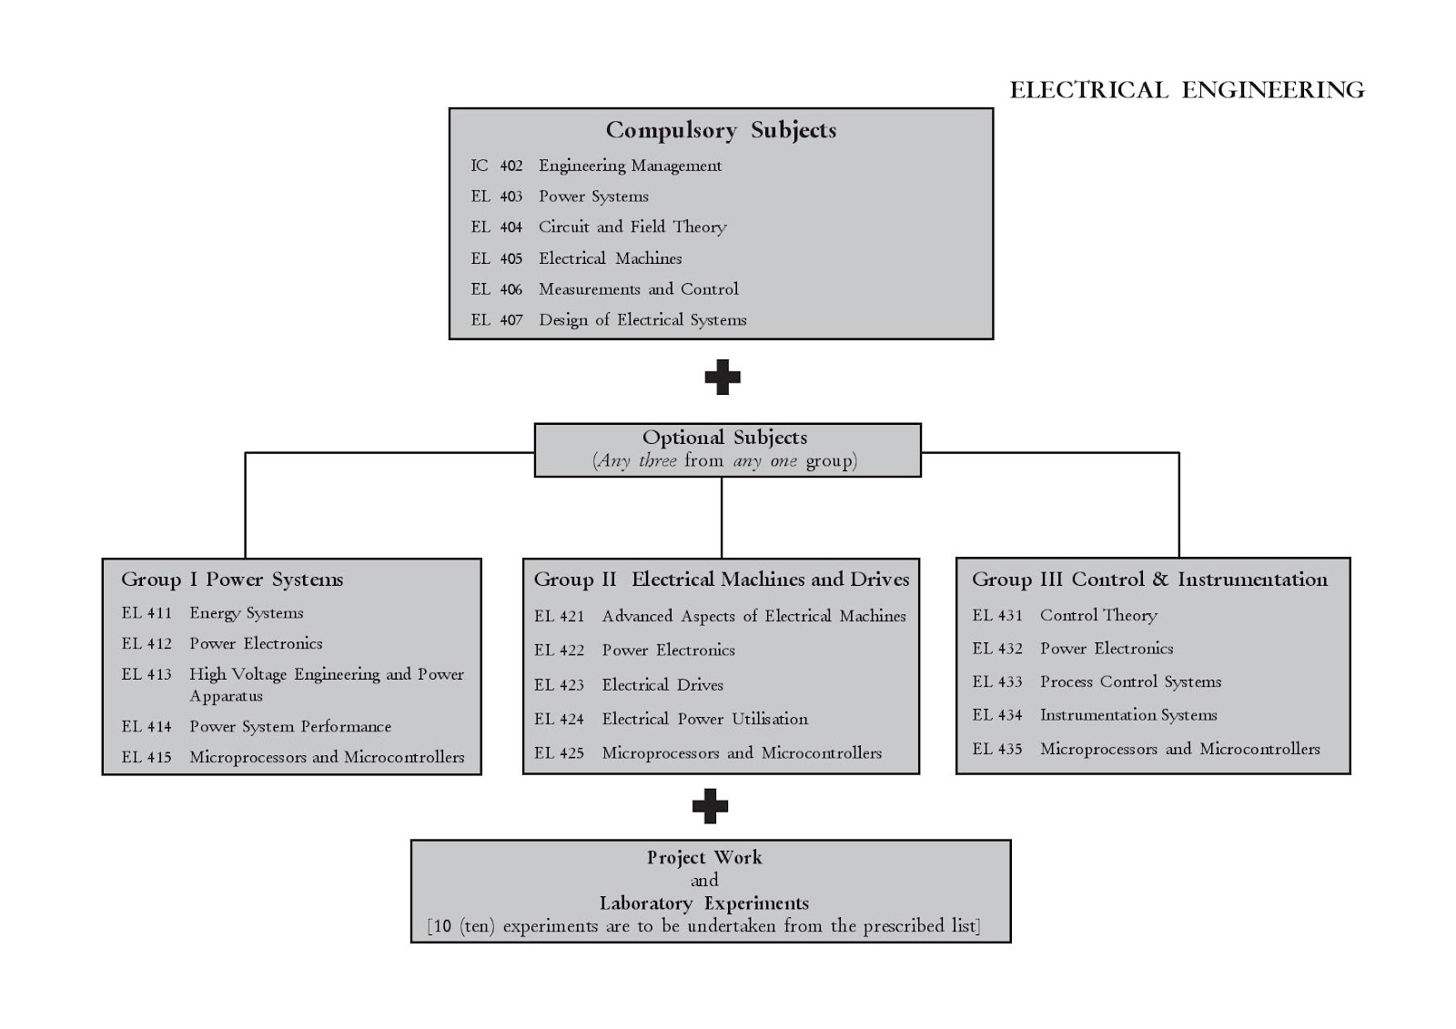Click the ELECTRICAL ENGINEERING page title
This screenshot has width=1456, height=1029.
click(1187, 90)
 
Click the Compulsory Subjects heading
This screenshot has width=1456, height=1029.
click(721, 131)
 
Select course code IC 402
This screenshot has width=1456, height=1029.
click(497, 166)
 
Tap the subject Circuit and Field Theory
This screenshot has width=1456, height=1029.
click(632, 227)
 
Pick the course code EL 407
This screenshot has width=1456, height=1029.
click(497, 320)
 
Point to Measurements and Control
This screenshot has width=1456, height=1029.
click(638, 288)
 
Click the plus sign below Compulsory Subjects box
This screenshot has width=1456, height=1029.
click(723, 377)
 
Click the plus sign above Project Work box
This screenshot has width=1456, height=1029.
click(710, 806)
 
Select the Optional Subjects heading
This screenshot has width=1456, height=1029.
click(724, 438)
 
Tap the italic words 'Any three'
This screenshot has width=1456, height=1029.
click(637, 461)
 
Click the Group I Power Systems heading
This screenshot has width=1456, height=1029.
click(232, 580)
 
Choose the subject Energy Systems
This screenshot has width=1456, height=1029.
click(247, 613)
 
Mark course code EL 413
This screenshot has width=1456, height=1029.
click(147, 674)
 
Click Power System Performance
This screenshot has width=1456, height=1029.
click(290, 727)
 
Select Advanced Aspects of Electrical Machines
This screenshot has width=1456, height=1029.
click(754, 616)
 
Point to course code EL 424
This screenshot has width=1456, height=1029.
click(559, 719)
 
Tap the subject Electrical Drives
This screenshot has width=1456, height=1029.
click(662, 685)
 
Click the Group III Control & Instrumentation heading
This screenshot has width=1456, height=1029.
click(1150, 580)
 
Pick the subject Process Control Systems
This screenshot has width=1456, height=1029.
click(1130, 681)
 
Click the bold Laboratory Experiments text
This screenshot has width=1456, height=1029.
click(704, 903)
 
